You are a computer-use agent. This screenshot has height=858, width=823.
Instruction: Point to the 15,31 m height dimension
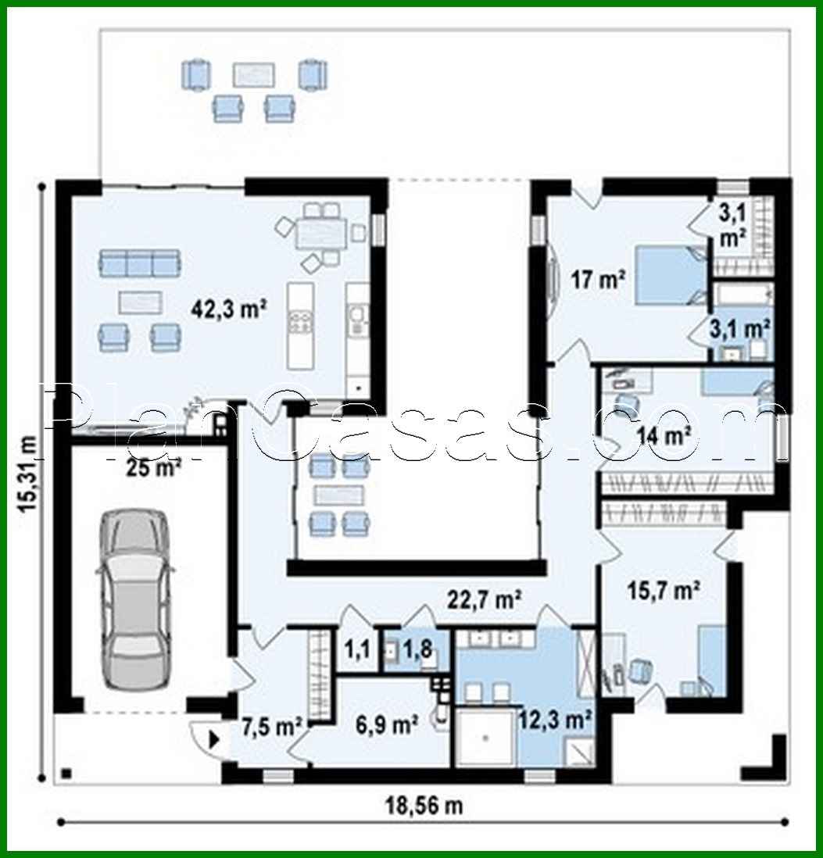point(29,474)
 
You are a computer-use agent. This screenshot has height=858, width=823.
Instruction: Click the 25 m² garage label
point(153,467)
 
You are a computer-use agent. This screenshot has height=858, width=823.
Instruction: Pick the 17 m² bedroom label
point(596,279)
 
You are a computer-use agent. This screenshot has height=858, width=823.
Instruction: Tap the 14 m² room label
point(664,435)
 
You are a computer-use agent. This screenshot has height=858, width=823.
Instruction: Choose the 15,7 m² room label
point(663,592)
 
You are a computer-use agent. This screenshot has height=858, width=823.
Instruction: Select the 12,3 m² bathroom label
point(554,717)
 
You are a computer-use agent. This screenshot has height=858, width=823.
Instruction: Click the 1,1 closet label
point(356,648)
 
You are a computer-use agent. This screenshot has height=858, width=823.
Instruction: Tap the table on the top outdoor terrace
point(254,74)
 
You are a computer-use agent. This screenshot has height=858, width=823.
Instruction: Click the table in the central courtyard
point(338,495)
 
